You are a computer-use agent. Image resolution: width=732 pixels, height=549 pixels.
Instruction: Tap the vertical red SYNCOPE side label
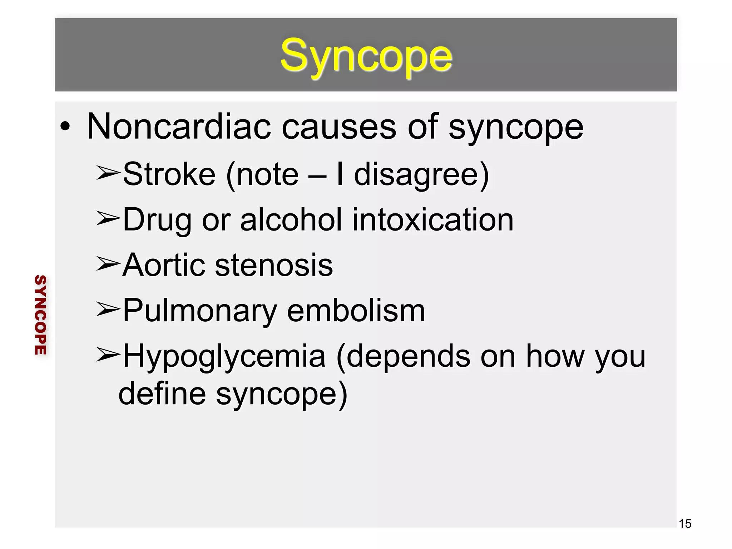click(40, 315)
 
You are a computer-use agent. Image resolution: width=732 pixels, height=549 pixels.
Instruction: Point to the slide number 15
click(685, 524)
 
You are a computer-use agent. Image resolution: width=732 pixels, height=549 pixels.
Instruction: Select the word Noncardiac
click(178, 127)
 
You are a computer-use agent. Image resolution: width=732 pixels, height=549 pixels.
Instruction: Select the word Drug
click(157, 220)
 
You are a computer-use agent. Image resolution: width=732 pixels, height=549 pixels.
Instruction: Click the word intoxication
click(433, 219)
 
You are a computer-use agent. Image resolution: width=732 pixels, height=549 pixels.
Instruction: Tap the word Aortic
click(163, 265)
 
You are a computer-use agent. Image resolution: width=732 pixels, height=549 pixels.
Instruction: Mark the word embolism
click(356, 310)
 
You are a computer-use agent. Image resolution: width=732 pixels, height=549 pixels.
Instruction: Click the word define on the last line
click(162, 393)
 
